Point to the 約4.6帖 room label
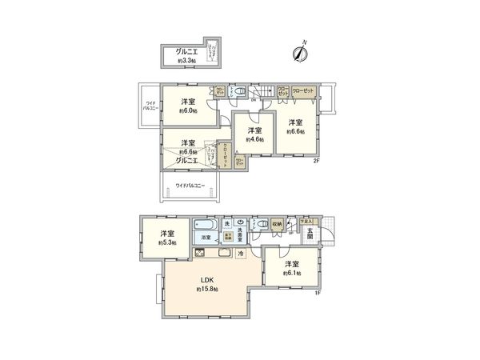tap(254, 139)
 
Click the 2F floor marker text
tap(316, 161)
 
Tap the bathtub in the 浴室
tap(204, 226)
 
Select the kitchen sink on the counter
tap(222, 253)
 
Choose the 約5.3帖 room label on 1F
tap(166, 242)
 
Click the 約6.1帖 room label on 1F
tap(291, 273)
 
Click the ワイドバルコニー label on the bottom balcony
tap(190, 186)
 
